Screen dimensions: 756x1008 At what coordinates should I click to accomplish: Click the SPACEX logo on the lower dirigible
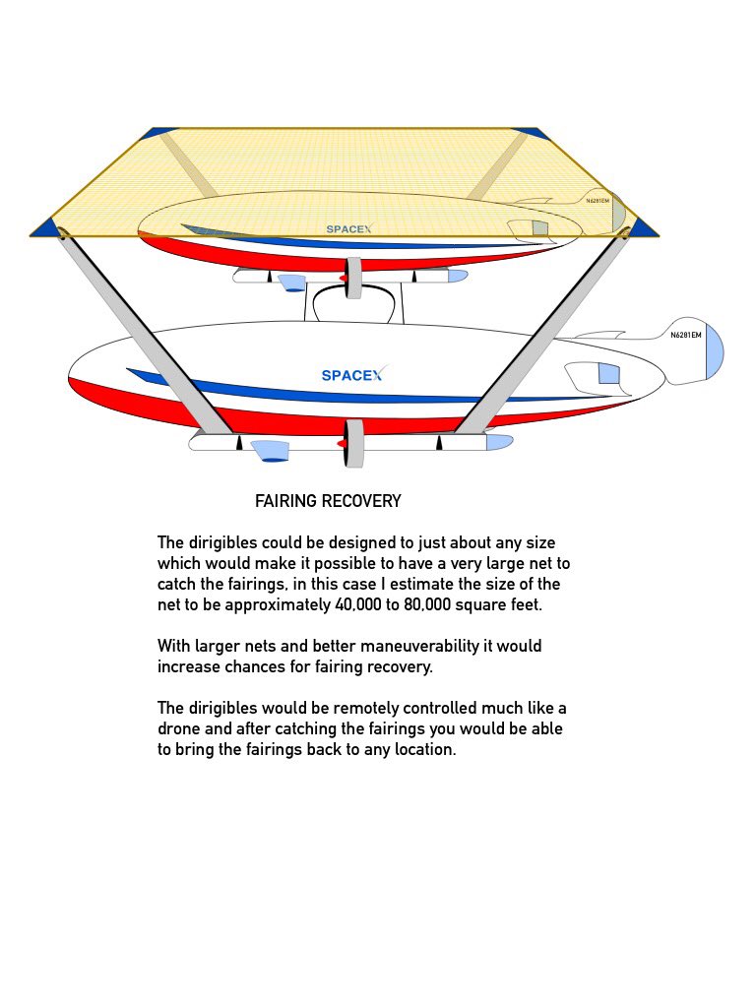pos(351,375)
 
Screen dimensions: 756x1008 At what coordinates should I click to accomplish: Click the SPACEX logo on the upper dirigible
pos(349,228)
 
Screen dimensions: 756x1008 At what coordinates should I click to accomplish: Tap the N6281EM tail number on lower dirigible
pos(685,335)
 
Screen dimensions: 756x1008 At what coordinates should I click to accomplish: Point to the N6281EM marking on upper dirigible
pos(598,201)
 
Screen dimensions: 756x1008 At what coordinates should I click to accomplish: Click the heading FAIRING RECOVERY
pos(328,501)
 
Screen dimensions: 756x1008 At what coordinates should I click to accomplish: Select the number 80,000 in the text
pos(432,604)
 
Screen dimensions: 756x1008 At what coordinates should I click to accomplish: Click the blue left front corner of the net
pos(45,228)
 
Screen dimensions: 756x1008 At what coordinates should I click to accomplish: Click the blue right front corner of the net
pos(644,228)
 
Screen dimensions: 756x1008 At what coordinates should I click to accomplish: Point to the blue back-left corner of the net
pos(158,133)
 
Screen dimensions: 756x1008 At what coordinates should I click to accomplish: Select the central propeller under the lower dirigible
pos(353,443)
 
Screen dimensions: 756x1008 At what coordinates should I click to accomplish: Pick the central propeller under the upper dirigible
pos(353,278)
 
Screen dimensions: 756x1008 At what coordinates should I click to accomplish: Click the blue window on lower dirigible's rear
pos(608,374)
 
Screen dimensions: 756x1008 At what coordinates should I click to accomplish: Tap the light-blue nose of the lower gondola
pos(499,442)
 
